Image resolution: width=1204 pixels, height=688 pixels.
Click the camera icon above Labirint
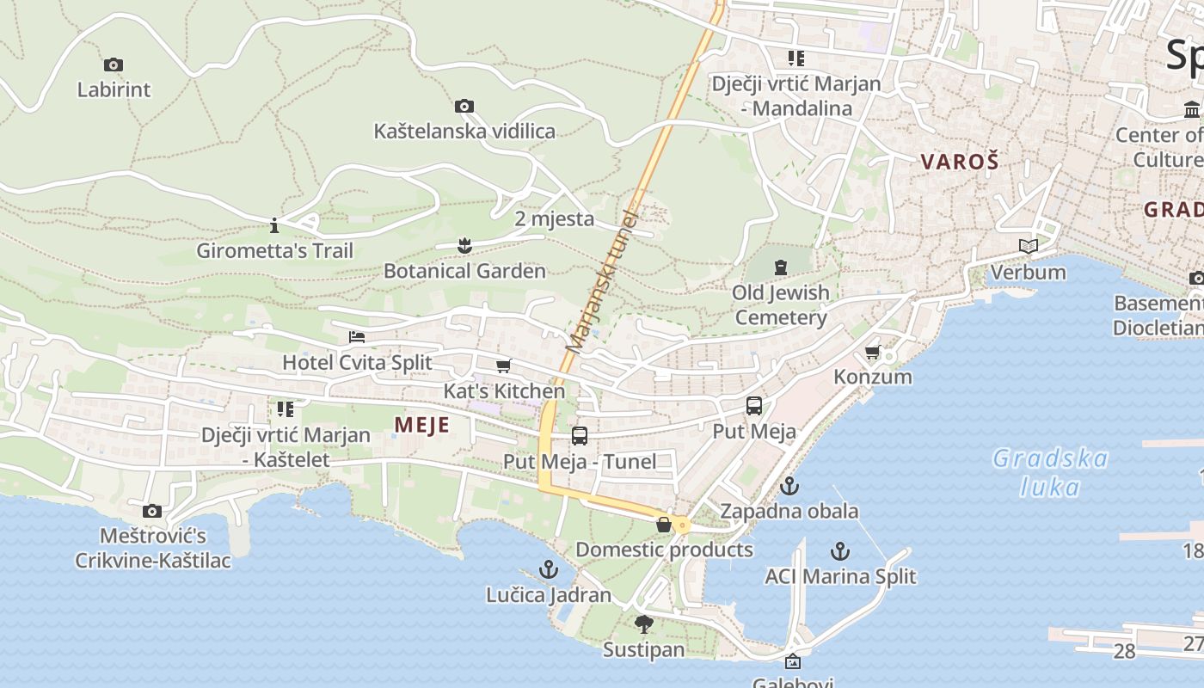(113, 64)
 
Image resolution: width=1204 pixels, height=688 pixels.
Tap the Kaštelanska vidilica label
(464, 132)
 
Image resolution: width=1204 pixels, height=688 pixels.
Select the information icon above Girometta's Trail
(274, 226)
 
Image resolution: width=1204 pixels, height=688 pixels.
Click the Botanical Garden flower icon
(464, 246)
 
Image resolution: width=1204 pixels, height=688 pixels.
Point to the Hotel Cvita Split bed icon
(357, 337)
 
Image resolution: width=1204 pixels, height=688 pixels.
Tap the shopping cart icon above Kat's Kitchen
(504, 366)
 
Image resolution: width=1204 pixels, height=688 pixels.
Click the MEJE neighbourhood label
(421, 425)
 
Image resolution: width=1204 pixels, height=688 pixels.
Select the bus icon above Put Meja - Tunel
(580, 436)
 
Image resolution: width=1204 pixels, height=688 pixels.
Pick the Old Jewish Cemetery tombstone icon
(781, 267)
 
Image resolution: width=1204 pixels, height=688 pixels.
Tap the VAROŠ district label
(960, 162)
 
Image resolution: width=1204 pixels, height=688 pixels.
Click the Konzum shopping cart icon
(873, 352)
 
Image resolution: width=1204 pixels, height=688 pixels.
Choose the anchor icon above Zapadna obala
(789, 486)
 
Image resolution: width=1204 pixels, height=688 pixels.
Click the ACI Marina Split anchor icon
(840, 551)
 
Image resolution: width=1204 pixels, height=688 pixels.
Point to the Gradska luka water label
(1049, 472)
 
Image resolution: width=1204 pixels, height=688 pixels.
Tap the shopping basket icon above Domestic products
(664, 525)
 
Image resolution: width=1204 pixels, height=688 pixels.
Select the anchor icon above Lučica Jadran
(548, 569)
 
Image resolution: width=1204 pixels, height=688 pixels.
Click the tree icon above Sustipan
(643, 624)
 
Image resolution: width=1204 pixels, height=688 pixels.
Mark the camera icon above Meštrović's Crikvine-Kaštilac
(152, 511)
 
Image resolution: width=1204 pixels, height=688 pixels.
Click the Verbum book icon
(1028, 247)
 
